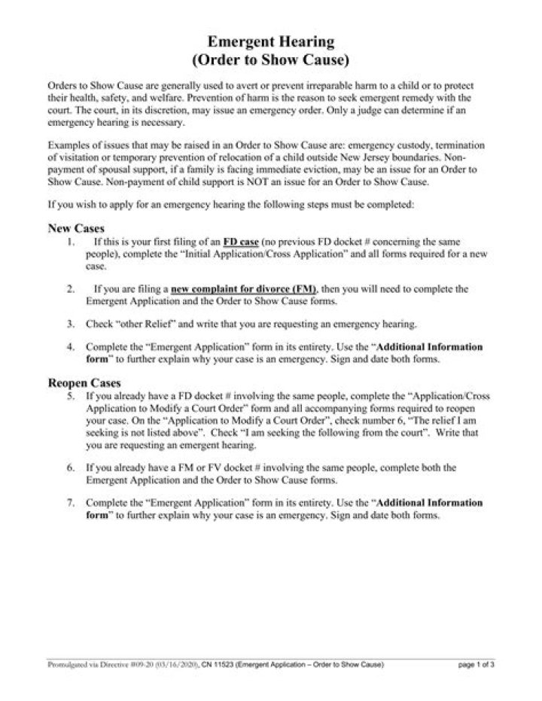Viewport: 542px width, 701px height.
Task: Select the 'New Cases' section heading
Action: [x=76, y=227]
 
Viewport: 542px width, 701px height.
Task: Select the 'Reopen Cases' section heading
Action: [x=84, y=383]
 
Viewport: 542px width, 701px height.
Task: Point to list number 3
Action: [x=69, y=324]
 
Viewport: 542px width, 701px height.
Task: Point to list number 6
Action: [x=69, y=467]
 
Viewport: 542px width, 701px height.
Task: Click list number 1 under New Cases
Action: [x=69, y=242]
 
